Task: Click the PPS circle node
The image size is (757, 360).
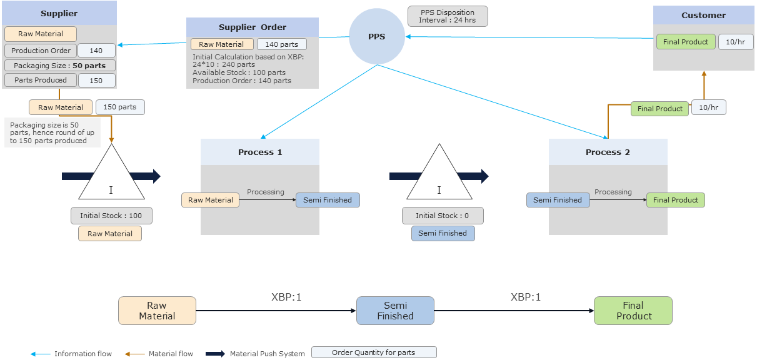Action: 376,36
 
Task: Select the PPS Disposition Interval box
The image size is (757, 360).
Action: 447,16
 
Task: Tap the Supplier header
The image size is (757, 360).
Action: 59,13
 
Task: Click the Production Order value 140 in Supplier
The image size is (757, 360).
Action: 96,51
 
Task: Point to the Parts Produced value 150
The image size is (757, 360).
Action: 96,80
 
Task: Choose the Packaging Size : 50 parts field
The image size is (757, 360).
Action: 59,65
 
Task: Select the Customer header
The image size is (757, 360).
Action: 703,15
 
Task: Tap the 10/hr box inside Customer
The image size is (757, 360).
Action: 731,42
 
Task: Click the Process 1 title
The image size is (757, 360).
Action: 259,152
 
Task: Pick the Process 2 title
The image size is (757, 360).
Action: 608,152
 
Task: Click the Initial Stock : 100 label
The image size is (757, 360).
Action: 111,216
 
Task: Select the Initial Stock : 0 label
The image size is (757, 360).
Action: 442,216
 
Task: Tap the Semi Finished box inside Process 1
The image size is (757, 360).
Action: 328,200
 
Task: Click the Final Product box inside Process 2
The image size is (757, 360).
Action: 675,200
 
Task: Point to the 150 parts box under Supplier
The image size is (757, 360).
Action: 120,107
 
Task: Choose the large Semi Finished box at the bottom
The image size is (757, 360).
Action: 395,311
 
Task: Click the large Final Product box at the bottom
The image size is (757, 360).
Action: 633,311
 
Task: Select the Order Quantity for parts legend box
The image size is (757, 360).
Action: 373,352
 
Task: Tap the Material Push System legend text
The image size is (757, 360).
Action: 268,354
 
